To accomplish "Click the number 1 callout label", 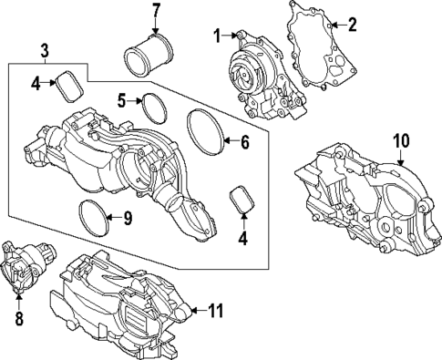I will [x=217, y=36].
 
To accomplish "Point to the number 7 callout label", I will [x=155, y=12].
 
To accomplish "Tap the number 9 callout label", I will [x=127, y=217].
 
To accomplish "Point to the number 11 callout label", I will [x=214, y=310].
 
